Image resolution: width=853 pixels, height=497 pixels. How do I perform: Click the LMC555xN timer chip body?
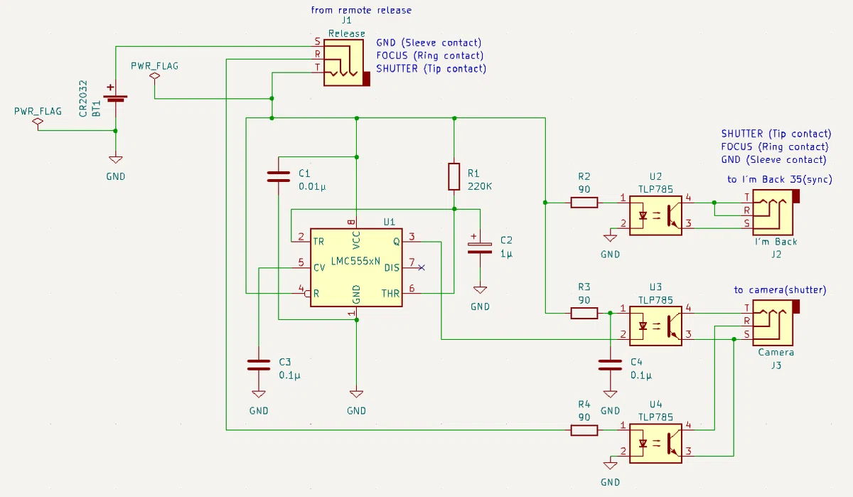click(x=356, y=267)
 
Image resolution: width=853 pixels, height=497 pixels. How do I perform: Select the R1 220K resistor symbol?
click(x=454, y=176)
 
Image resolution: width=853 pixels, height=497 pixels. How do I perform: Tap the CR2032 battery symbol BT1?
click(x=115, y=95)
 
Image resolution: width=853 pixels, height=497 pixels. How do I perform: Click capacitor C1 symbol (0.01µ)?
click(x=279, y=177)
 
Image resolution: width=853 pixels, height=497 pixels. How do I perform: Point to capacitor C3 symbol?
click(x=259, y=365)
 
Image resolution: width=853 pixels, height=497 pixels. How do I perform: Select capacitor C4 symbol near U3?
click(x=610, y=365)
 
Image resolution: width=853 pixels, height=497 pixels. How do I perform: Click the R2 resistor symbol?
click(x=584, y=203)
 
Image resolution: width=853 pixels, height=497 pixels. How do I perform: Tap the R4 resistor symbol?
click(x=584, y=430)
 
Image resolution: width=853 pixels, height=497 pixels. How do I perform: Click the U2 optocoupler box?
click(x=655, y=215)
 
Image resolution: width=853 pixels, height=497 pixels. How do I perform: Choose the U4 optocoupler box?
click(x=655, y=443)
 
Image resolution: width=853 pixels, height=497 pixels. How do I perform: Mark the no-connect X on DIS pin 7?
click(x=421, y=268)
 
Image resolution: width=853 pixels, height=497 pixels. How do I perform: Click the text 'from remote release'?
click(x=361, y=10)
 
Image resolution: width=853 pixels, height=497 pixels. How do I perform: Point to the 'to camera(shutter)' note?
click(x=780, y=290)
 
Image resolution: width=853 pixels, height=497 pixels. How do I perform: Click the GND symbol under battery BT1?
click(x=115, y=159)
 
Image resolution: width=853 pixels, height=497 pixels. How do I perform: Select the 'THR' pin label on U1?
click(x=391, y=294)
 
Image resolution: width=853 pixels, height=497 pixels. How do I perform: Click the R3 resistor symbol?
click(x=584, y=313)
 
